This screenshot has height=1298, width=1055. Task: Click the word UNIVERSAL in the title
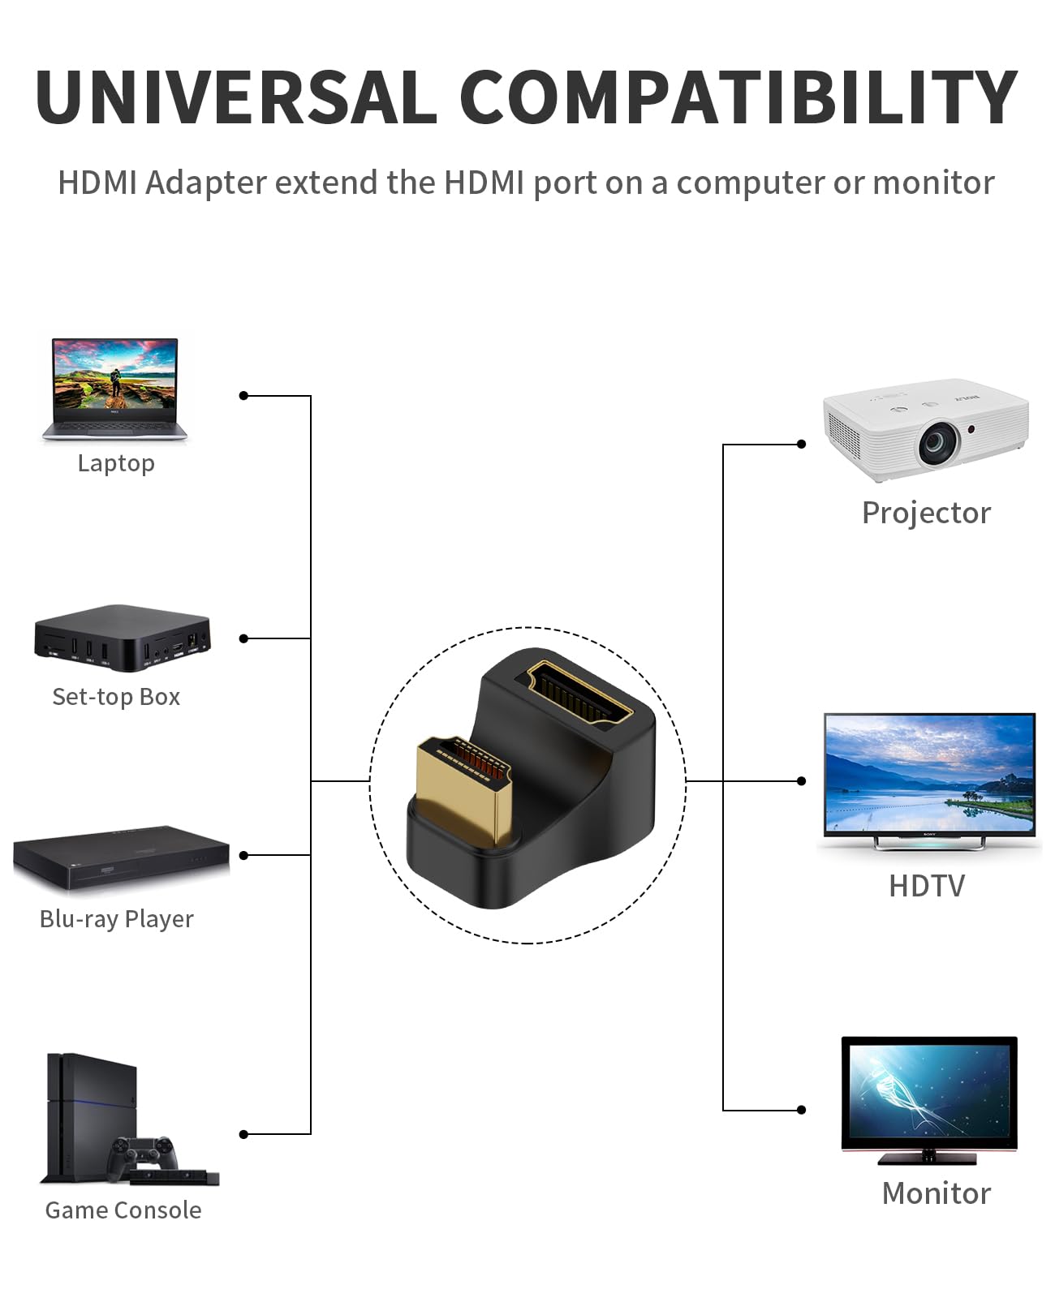click(x=236, y=97)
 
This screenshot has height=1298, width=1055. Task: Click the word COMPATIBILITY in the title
click(x=738, y=97)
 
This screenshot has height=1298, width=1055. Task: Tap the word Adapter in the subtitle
click(x=206, y=183)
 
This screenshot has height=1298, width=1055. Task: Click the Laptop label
click(x=116, y=464)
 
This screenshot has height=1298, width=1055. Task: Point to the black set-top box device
click(x=122, y=638)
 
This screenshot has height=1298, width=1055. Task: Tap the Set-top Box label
click(x=116, y=697)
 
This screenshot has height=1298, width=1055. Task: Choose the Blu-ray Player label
click(x=116, y=919)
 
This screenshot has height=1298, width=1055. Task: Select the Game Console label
click(x=123, y=1210)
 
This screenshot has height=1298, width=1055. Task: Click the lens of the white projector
click(x=939, y=442)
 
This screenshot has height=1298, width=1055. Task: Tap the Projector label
click(x=926, y=513)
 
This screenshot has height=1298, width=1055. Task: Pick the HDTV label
click(x=927, y=886)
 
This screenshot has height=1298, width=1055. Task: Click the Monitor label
click(x=937, y=1193)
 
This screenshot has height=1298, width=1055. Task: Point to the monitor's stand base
click(x=927, y=1158)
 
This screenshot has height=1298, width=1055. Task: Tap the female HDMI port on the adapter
click(x=579, y=694)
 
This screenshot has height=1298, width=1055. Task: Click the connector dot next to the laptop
click(x=243, y=396)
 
